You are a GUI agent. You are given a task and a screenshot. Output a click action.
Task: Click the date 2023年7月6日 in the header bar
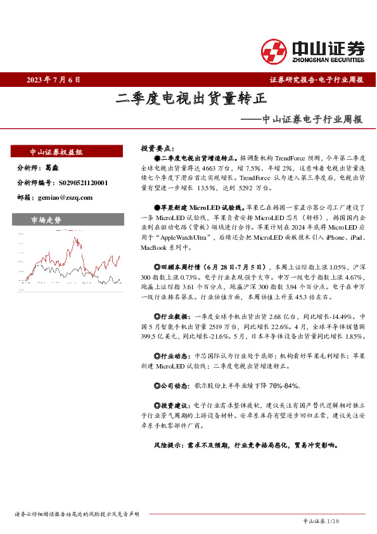pyautogui.click(x=54, y=80)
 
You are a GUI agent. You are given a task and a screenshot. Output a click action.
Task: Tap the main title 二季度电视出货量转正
pyautogui.click(x=191, y=98)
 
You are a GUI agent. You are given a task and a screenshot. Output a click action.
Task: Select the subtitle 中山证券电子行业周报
pyautogui.click(x=312, y=118)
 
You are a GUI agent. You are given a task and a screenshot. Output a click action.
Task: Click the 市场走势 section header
pyautogui.click(x=46, y=220)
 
